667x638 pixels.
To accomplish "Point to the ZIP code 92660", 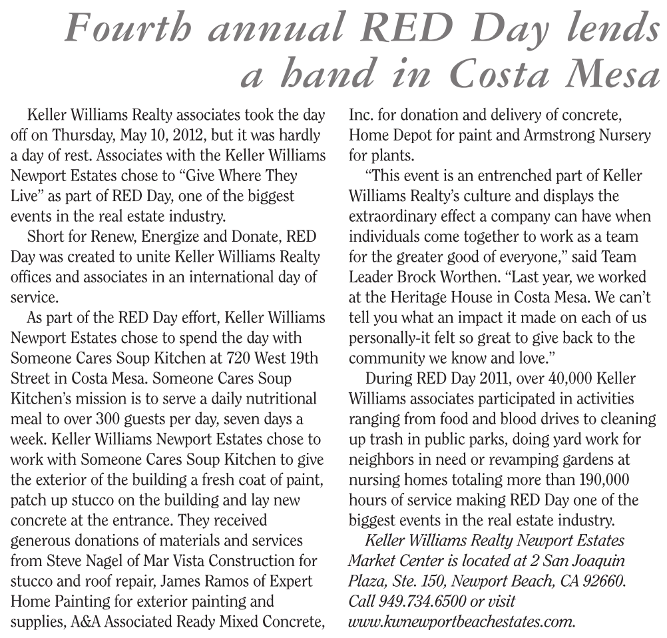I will point(602,581).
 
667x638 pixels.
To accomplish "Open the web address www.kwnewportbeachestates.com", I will point(461,622).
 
